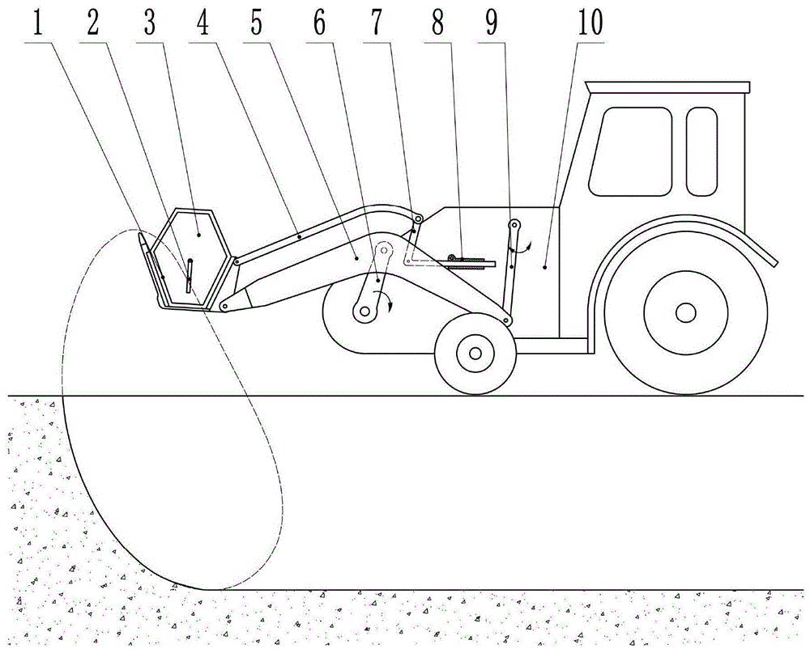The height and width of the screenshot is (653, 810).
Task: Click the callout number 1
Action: pos(37,24)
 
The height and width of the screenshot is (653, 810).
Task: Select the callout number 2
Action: pos(93,24)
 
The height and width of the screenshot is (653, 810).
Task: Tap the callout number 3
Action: pos(149,24)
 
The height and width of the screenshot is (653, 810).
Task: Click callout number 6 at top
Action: pos(319,24)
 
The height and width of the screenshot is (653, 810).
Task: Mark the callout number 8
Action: pos(439,24)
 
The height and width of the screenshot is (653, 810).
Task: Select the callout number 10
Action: pos(590,24)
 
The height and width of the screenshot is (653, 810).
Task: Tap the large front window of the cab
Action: pos(630,151)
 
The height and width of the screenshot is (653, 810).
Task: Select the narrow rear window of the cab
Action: pos(701,151)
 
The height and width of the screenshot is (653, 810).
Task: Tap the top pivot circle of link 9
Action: pos(514,225)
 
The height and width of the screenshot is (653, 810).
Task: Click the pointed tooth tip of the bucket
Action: pos(142,240)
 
